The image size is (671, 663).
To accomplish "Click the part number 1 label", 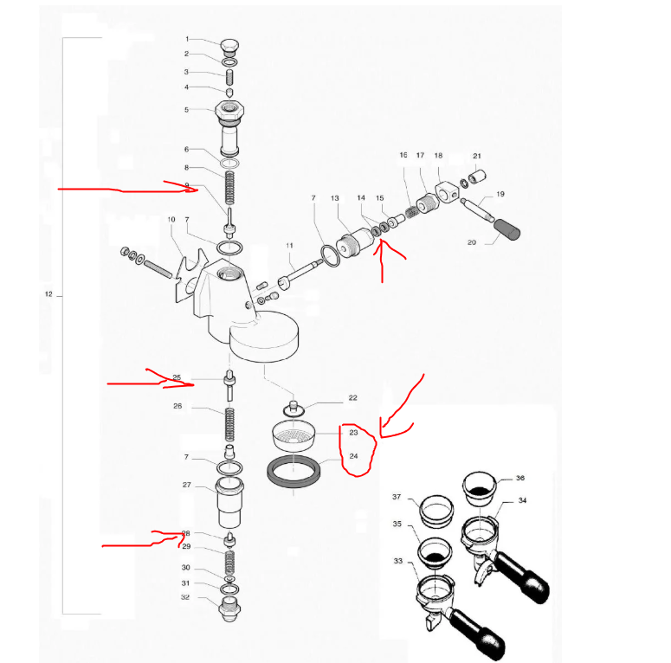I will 186,39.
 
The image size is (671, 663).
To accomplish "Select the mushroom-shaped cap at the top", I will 229,45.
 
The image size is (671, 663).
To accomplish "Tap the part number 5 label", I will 186,110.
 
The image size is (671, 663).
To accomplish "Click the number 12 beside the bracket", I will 48,295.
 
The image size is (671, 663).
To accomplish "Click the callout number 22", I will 352,398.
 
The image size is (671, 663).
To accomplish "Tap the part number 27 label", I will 186,485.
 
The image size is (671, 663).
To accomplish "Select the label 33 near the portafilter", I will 399,562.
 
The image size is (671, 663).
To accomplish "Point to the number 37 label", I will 397,497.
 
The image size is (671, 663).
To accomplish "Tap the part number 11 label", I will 290,247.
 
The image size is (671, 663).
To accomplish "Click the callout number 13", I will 334,199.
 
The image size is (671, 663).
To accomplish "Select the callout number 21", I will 476,156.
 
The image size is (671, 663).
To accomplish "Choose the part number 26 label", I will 177,405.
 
